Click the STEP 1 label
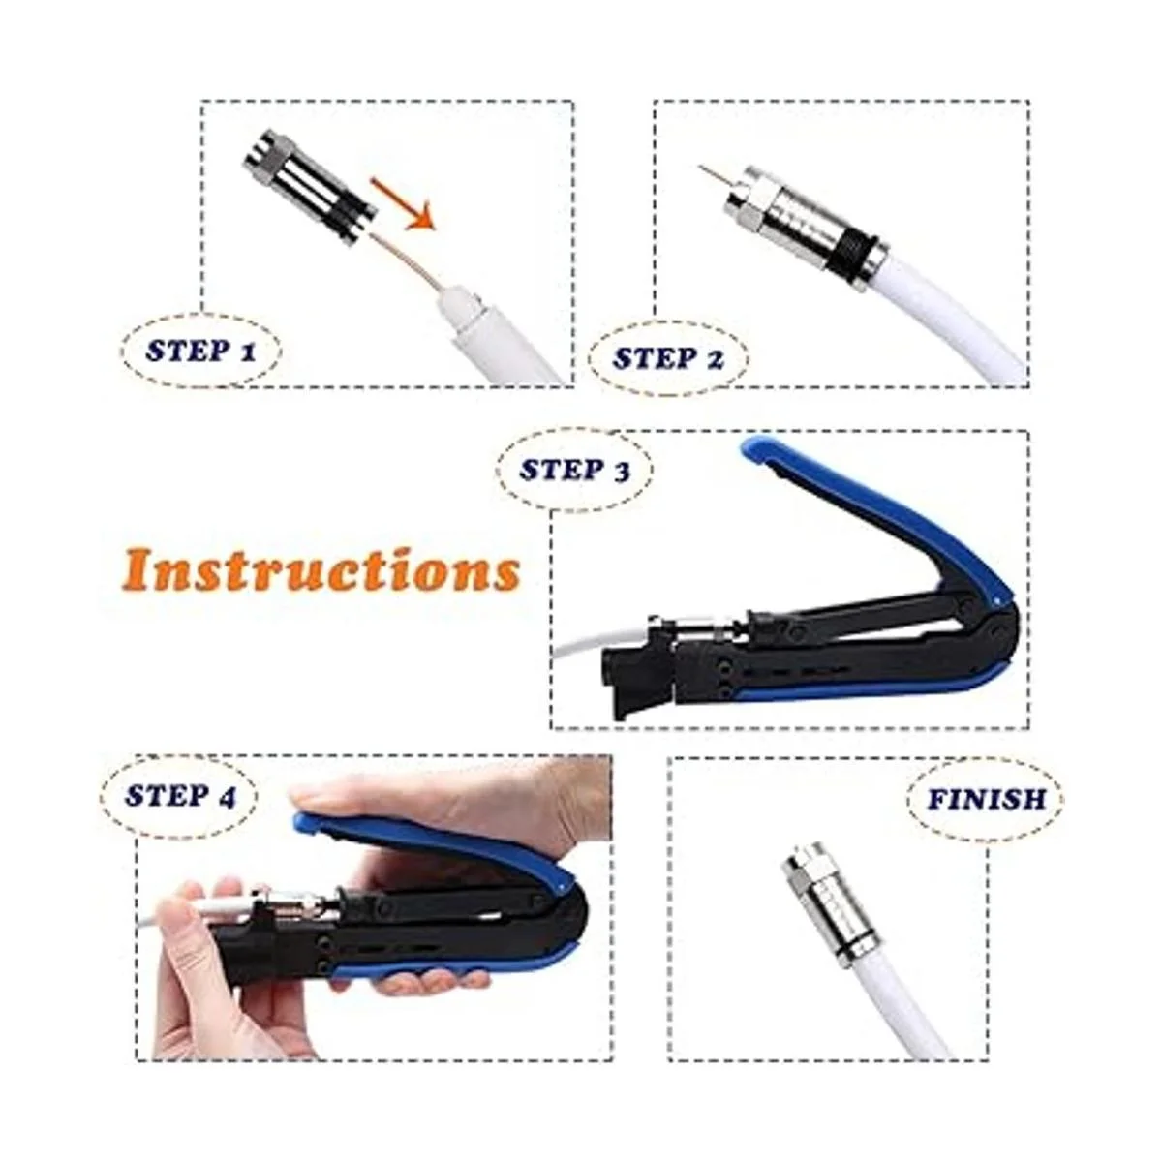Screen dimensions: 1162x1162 pos(200,350)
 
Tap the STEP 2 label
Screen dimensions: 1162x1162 pos(668,357)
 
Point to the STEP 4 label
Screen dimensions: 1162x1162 pos(180,795)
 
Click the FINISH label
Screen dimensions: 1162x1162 pos(986,799)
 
